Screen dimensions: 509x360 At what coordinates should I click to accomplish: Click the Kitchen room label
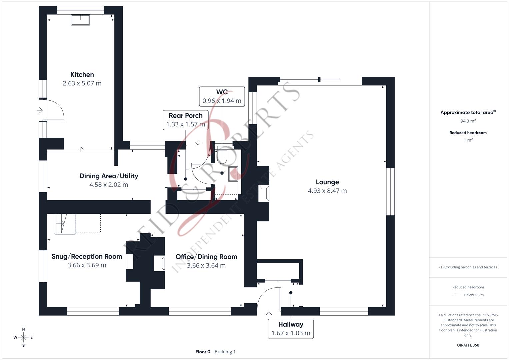[x=82, y=75]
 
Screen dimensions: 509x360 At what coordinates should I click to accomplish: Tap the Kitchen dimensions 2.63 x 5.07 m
[x=82, y=83]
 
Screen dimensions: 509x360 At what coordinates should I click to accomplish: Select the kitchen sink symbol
[x=80, y=20]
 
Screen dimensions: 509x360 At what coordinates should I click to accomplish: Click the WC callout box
[x=222, y=96]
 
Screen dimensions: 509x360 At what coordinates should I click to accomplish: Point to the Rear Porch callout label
[x=186, y=116]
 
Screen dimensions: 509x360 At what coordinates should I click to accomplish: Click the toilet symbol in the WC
[x=222, y=155]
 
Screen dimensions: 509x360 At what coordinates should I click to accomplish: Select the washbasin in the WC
[x=233, y=174]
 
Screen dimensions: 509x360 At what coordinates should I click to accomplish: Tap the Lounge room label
[x=327, y=182]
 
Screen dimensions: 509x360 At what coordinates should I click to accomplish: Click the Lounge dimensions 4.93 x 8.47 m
[x=327, y=191]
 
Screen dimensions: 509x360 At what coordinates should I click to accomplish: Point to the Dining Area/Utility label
[x=109, y=176]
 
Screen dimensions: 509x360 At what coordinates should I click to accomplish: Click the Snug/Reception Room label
[x=87, y=256]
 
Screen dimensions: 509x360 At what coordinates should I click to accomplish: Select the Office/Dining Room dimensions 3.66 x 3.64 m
[x=206, y=265]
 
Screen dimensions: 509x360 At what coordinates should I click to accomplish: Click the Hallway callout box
[x=291, y=329]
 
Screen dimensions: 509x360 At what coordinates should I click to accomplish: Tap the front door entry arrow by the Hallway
[x=269, y=314]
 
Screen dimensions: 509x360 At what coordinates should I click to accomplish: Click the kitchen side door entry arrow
[x=40, y=110]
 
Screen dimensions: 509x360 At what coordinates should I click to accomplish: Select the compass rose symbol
[x=23, y=337]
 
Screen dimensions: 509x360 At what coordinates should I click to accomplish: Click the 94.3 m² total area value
[x=468, y=121]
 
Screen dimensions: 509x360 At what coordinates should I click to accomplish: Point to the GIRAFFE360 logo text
[x=468, y=345]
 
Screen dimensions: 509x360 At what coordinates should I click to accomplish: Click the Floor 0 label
[x=203, y=352]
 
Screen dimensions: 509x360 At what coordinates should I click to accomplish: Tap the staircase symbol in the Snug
[x=65, y=224]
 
